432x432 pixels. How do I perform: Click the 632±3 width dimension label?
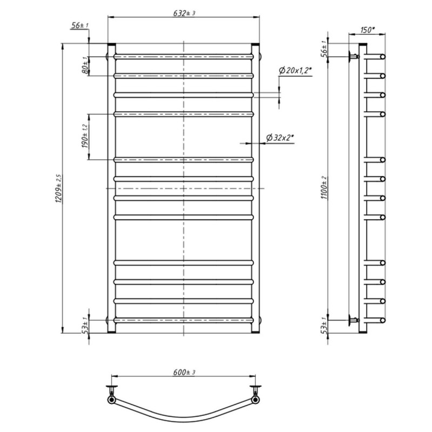point(184,13)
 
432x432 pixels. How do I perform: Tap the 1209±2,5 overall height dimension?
point(59,188)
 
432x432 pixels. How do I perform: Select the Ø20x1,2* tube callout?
point(295,71)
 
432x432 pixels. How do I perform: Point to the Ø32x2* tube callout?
point(280,137)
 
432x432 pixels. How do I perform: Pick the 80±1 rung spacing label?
point(86,65)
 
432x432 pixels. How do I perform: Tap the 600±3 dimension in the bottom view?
point(184,372)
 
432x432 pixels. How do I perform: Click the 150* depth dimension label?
point(368,30)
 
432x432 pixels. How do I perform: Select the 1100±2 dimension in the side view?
point(325,188)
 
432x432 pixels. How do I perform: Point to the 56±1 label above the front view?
point(80,25)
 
